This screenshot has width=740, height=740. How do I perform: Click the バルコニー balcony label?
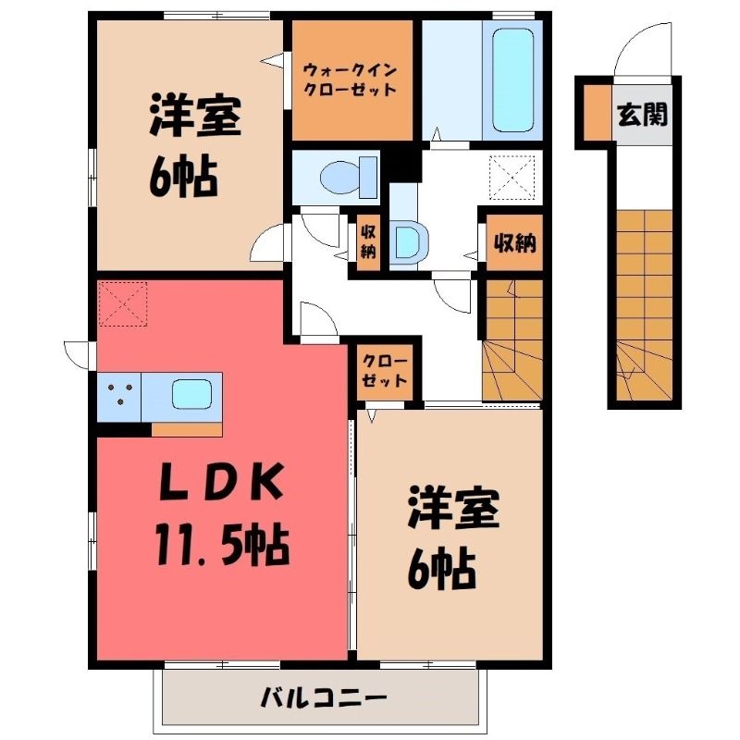[x=324, y=697]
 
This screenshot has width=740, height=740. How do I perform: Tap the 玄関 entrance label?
[x=643, y=114]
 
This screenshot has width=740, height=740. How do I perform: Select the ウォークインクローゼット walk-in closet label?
[x=350, y=80]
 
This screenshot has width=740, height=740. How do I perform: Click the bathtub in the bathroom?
[x=513, y=80]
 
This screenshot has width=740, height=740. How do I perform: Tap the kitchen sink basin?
[x=191, y=395]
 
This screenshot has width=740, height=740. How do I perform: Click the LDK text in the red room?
[x=222, y=482]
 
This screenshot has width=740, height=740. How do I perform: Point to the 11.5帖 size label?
[x=222, y=545]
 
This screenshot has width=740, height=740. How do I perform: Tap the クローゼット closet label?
[x=384, y=371]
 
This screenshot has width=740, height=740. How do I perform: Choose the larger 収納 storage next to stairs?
[x=514, y=242]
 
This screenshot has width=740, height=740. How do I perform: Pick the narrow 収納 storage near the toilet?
[x=368, y=242]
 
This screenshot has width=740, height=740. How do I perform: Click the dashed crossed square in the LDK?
[x=123, y=304]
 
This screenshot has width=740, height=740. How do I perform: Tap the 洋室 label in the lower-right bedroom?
[x=453, y=507]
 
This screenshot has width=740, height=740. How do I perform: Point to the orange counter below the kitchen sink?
[x=187, y=429]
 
